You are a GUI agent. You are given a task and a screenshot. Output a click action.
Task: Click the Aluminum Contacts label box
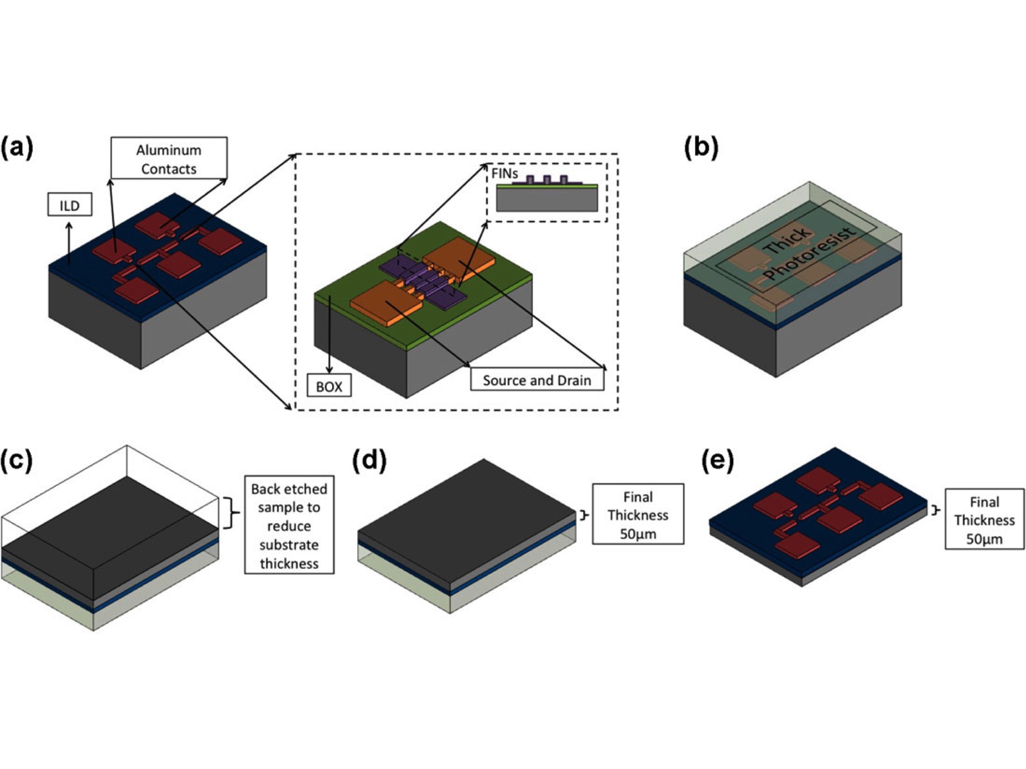click(169, 158)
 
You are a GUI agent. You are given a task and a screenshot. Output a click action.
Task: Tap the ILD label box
click(69, 205)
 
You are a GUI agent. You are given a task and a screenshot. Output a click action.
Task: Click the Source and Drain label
click(537, 380)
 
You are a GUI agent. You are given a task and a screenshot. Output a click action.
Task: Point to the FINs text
click(505, 174)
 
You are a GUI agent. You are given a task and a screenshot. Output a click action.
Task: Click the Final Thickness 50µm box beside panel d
click(638, 514)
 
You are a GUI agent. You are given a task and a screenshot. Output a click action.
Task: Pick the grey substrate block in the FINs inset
click(547, 200)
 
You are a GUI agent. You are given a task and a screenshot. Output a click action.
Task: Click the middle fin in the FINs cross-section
click(547, 179)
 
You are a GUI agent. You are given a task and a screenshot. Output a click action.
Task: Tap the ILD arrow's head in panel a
click(69, 225)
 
